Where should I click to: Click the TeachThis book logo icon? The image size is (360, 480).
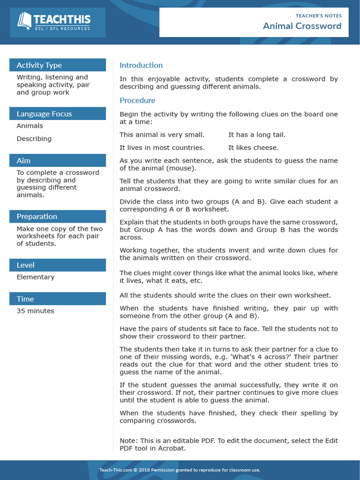[24, 21]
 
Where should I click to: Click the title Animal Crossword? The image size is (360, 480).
[302, 26]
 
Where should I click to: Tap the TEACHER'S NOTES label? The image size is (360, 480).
[318, 15]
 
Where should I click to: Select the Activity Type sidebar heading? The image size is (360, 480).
[39, 65]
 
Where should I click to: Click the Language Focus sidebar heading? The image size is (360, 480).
[44, 114]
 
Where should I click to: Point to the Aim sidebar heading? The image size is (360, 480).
[23, 161]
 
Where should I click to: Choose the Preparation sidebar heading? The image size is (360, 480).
[37, 217]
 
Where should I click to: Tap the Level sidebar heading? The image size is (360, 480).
[25, 265]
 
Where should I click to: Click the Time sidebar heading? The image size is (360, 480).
[25, 299]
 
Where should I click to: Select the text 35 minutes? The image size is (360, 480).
[35, 311]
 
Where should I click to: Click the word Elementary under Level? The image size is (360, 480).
[36, 277]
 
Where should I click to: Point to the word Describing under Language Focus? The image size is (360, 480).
[34, 139]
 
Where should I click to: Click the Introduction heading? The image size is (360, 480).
[141, 65]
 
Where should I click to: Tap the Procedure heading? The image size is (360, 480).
[137, 100]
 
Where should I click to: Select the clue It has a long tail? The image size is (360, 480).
[257, 135]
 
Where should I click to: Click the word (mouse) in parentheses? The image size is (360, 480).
[182, 168]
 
